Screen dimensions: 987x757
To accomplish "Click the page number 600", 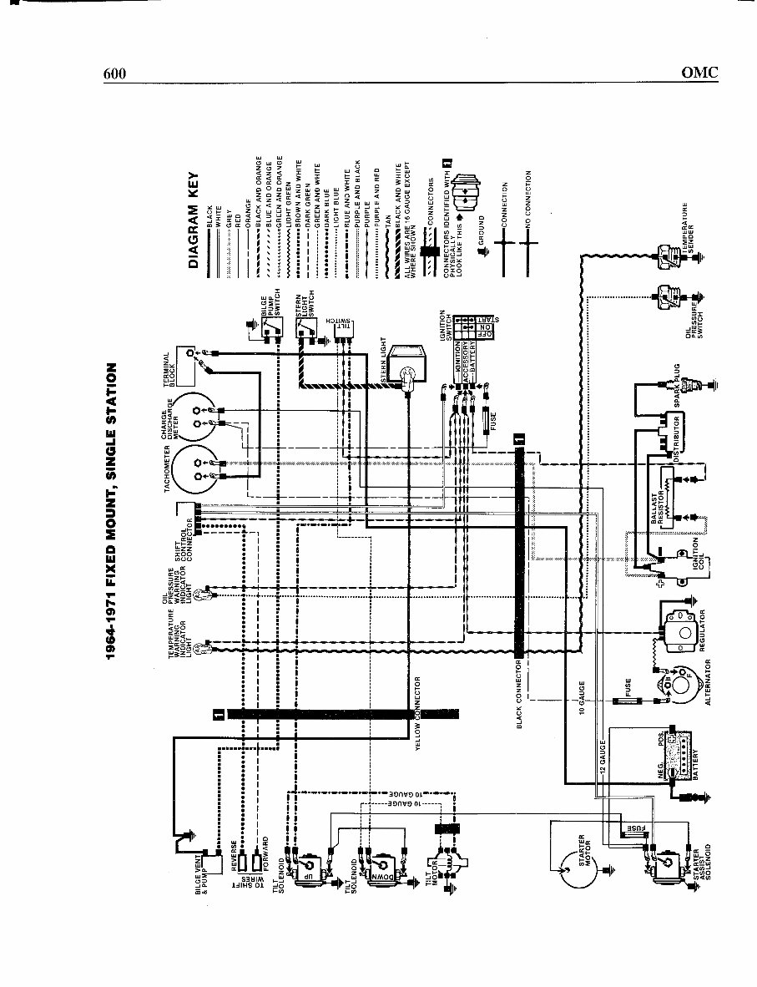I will point(114,73).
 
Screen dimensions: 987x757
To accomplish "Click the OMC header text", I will point(699,73).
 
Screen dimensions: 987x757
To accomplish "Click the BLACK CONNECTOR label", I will point(519,696).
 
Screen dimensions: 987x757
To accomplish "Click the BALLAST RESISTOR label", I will point(655,505).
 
